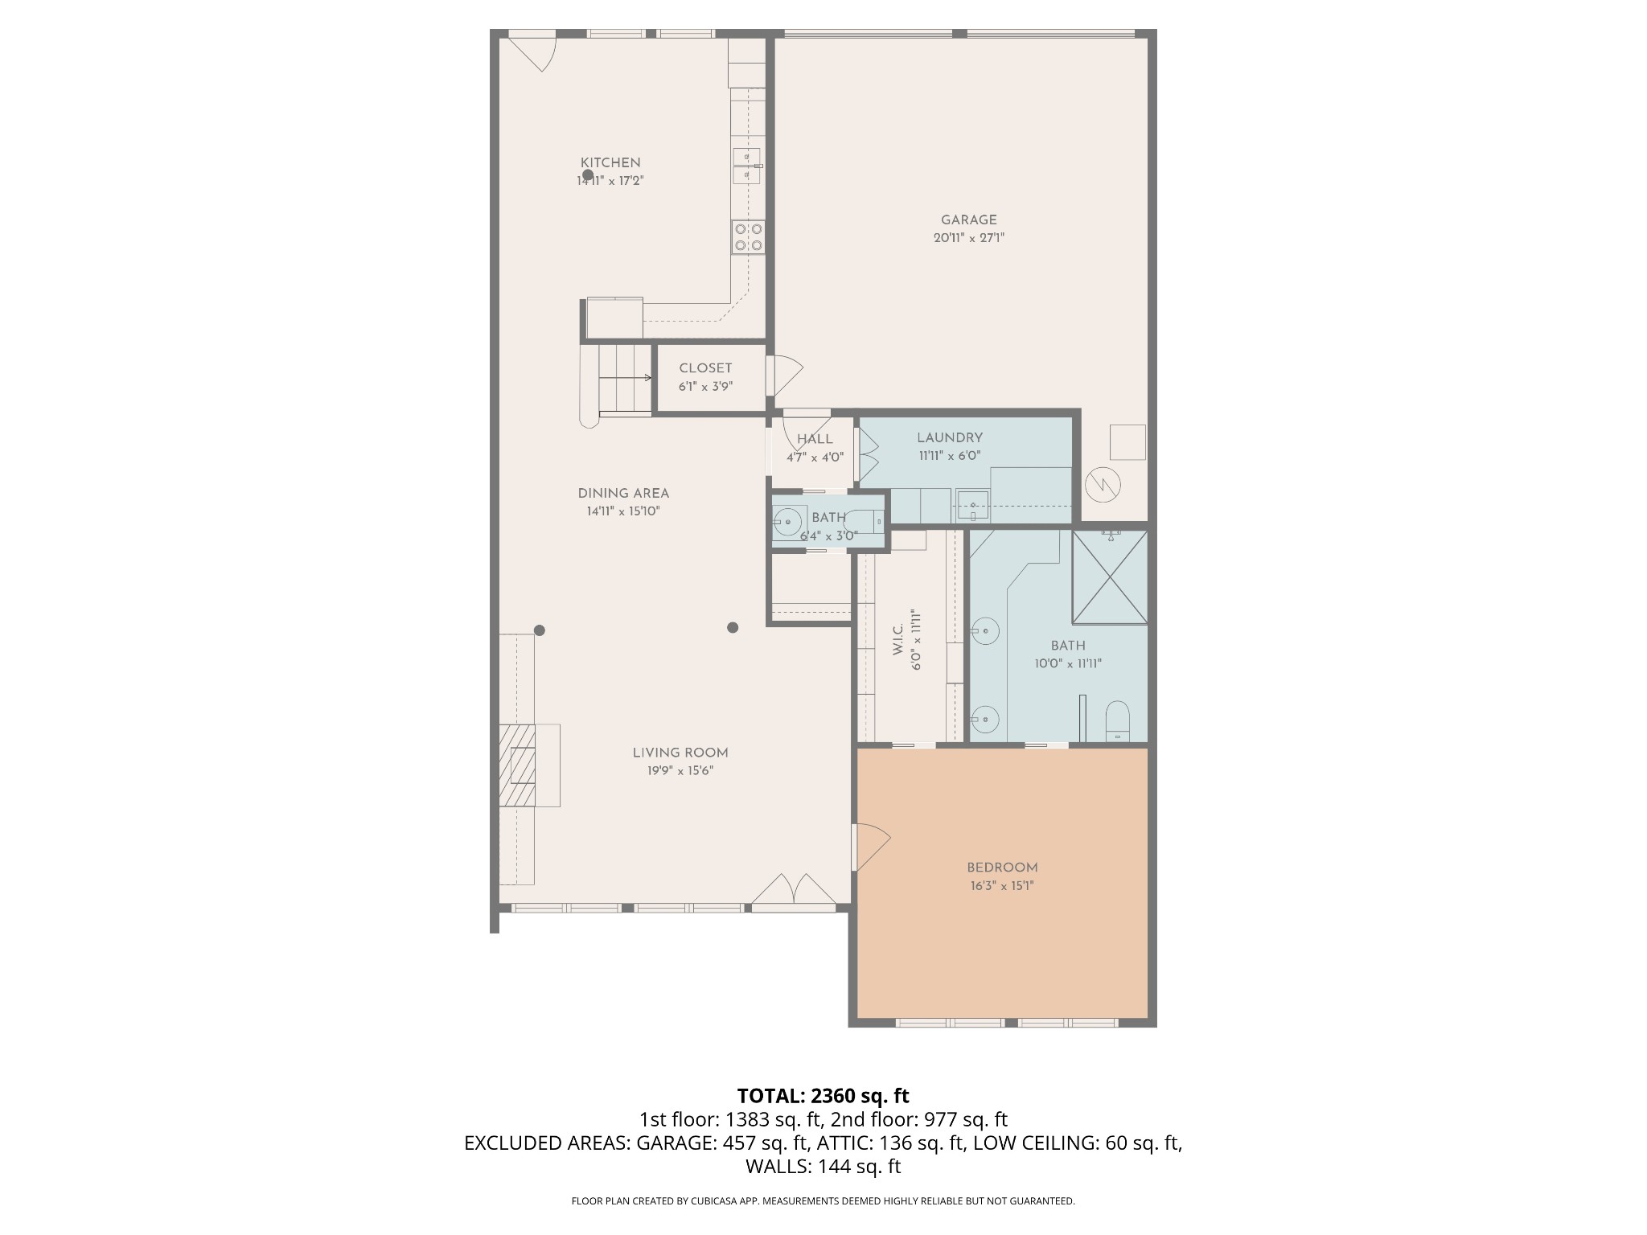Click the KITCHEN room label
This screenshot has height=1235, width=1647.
pyautogui.click(x=610, y=163)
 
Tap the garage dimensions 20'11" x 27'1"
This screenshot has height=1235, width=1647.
pyautogui.click(x=969, y=238)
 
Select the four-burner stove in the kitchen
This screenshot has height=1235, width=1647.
pyautogui.click(x=748, y=237)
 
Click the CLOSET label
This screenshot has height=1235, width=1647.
pyautogui.click(x=705, y=368)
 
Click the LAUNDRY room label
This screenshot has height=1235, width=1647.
pyautogui.click(x=950, y=438)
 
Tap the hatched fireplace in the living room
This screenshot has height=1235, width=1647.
pyautogui.click(x=517, y=765)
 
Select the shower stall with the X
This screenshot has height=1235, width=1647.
pyautogui.click(x=1110, y=576)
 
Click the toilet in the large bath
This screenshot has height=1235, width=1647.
pyautogui.click(x=1117, y=720)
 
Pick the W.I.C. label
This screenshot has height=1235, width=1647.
pyautogui.click(x=898, y=639)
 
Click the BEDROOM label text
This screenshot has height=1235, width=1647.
pyautogui.click(x=1002, y=868)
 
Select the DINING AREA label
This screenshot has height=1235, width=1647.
pyautogui.click(x=623, y=494)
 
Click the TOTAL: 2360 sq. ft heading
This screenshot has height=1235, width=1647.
pyautogui.click(x=823, y=1096)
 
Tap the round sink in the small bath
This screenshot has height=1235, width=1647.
pyautogui.click(x=788, y=522)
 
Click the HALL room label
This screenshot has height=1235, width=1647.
pyautogui.click(x=815, y=439)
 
